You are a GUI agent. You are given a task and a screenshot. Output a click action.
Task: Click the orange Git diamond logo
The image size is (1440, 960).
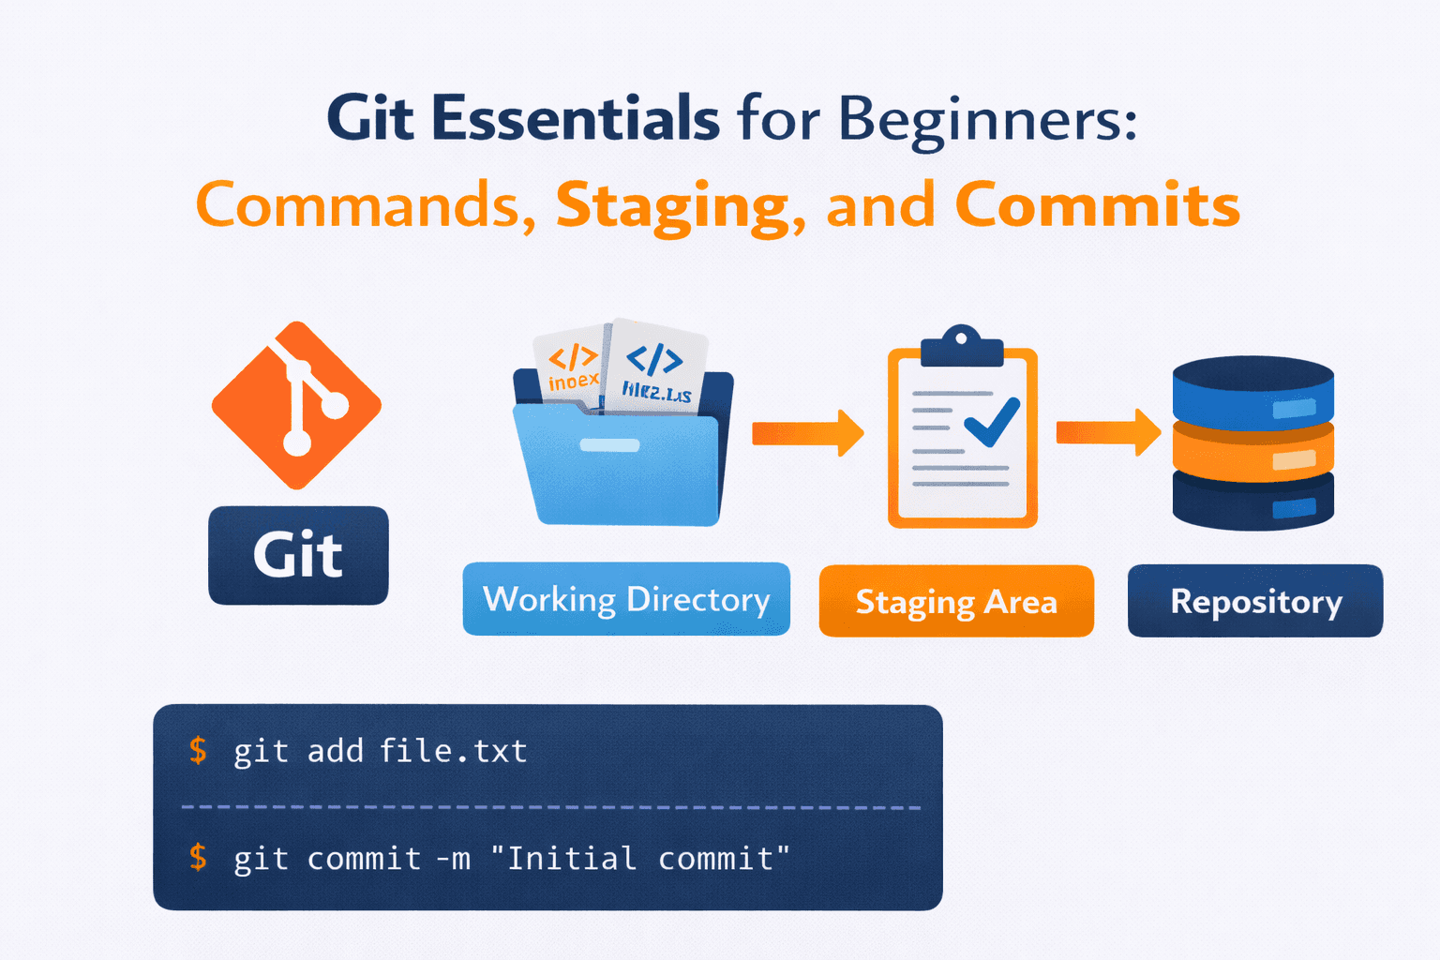[296, 405]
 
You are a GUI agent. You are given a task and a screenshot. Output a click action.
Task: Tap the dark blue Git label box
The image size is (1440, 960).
[298, 555]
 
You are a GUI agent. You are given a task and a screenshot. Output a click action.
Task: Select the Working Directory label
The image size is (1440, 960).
[626, 599]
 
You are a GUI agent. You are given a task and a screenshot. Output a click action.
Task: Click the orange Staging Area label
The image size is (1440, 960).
[956, 601]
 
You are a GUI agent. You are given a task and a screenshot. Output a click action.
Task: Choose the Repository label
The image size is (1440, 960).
[1255, 601]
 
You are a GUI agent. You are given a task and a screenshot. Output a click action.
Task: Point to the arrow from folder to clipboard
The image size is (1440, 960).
[807, 432]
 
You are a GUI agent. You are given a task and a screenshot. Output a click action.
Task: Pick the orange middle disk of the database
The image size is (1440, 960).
[1252, 454]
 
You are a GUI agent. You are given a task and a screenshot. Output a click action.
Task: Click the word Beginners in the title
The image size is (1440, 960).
[986, 121]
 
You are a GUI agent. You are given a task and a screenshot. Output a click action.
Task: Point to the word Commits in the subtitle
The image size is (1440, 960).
[1097, 204]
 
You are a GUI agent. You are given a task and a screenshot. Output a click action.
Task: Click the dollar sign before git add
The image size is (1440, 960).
[198, 750]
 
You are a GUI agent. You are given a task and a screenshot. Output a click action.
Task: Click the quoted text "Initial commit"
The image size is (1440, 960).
[640, 858]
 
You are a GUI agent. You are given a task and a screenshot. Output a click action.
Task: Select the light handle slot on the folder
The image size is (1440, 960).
[609, 445]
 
